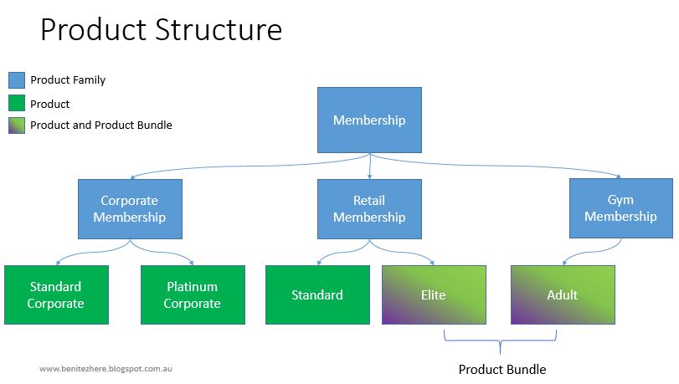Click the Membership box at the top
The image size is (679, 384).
369,120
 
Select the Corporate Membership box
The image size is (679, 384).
130,209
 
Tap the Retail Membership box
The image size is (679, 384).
369,209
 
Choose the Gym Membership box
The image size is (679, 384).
620,208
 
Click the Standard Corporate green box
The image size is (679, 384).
56,294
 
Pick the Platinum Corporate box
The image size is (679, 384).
193,294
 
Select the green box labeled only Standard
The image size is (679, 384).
317,294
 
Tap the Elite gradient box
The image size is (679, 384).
434,294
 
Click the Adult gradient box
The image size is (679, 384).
563,294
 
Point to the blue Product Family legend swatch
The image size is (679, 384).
17,80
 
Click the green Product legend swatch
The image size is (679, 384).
17,104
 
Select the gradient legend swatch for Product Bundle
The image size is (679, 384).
17,125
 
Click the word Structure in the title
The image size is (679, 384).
220,30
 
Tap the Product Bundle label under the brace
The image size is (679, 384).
502,369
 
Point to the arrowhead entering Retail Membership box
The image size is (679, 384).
369,177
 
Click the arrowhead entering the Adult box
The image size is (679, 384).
563,263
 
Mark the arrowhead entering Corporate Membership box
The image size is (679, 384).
131,177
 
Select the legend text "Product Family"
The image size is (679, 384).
68,80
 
